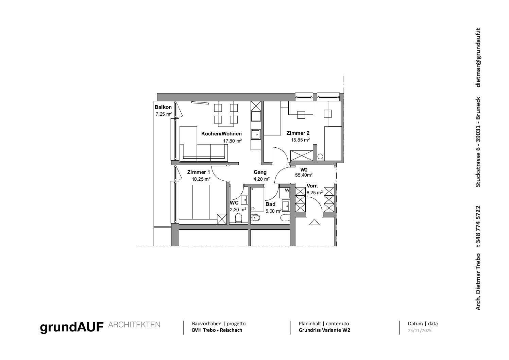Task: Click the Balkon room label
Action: (163, 107)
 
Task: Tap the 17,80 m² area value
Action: (232, 141)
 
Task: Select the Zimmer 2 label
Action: (298, 133)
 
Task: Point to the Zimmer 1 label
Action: (199, 172)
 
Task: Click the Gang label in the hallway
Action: (260, 172)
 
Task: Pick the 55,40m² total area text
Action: (304, 175)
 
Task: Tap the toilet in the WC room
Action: (239, 218)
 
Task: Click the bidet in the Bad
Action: (255, 218)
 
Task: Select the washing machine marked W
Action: (284, 192)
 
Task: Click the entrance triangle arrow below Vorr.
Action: (315, 222)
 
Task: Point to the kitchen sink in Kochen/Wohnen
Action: (256, 134)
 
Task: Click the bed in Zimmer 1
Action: (201, 202)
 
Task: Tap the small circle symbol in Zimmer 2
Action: (320, 157)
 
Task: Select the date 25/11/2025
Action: (420, 331)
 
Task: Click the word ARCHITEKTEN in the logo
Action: (134, 325)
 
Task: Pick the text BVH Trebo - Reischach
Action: (217, 330)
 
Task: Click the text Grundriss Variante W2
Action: (324, 330)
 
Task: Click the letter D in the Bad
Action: (253, 209)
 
